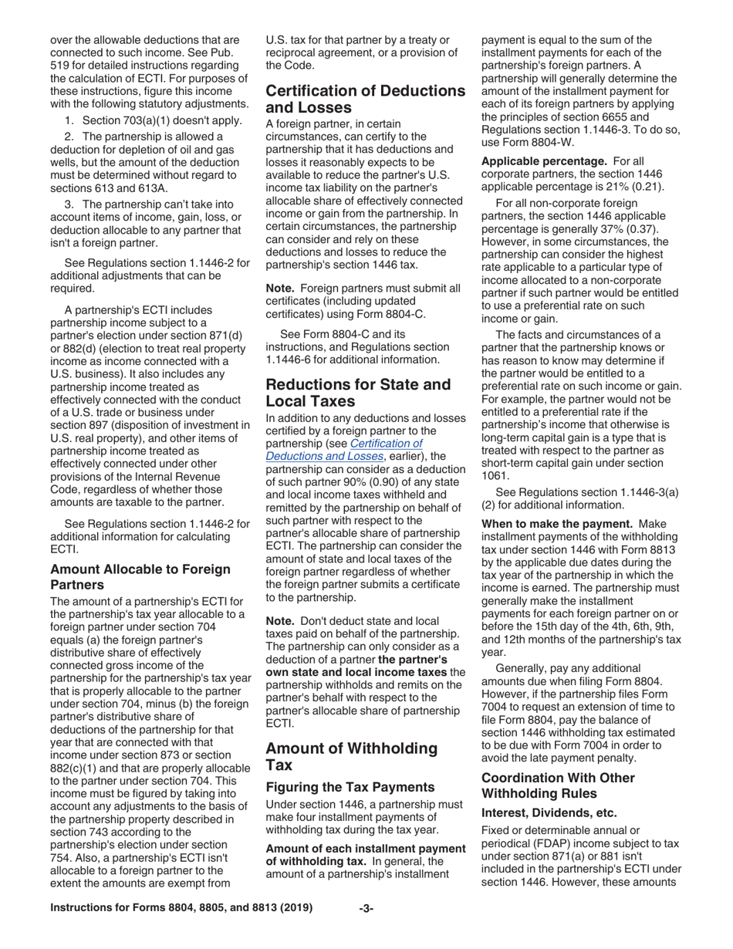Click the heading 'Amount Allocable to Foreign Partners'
click(140, 576)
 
